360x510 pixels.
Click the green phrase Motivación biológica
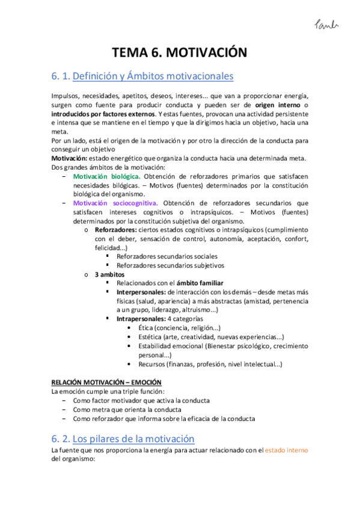(x=106, y=176)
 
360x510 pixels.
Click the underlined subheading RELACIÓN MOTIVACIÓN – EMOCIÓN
(x=106, y=382)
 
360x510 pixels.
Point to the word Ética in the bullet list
(x=144, y=328)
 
